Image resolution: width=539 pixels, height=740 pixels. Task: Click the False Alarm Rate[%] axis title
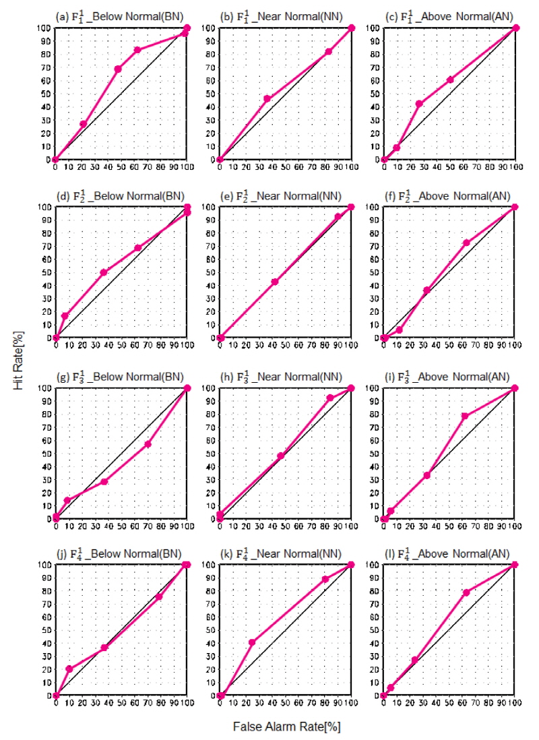(x=283, y=727)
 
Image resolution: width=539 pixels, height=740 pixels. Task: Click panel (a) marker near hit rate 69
(x=118, y=69)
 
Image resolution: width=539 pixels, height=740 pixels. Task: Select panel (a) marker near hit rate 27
(x=84, y=124)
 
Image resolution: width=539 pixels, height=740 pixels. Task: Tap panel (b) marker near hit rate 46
(x=267, y=98)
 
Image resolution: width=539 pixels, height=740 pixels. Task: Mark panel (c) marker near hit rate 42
(x=419, y=104)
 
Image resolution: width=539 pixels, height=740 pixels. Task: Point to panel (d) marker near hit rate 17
(x=65, y=315)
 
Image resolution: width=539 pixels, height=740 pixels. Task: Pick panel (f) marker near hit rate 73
(x=466, y=243)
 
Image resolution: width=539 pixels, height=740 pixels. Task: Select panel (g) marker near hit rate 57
(x=148, y=444)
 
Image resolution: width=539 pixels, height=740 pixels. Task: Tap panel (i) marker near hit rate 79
(x=465, y=416)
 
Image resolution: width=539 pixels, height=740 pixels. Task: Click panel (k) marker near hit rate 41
(x=252, y=642)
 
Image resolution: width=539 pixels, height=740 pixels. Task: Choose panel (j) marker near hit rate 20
(x=69, y=669)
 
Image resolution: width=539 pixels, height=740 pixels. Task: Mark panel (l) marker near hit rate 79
(x=466, y=592)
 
